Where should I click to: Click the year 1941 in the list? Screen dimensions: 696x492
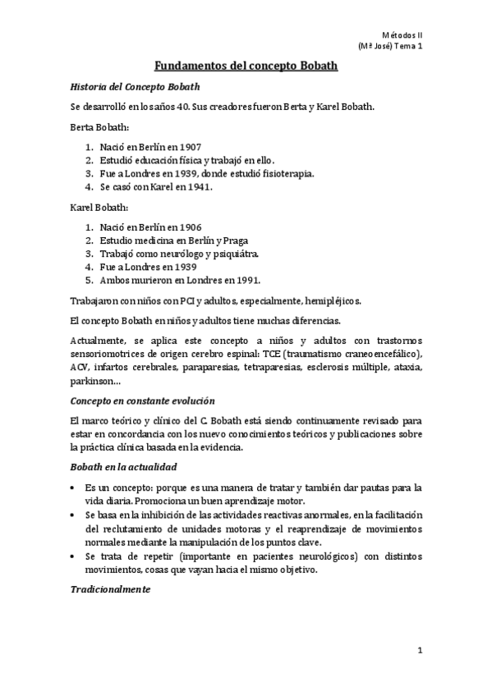coord(199,186)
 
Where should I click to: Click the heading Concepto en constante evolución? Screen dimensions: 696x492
coord(143,400)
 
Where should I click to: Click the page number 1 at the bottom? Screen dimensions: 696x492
coord(419,651)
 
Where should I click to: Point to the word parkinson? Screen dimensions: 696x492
coord(87,381)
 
